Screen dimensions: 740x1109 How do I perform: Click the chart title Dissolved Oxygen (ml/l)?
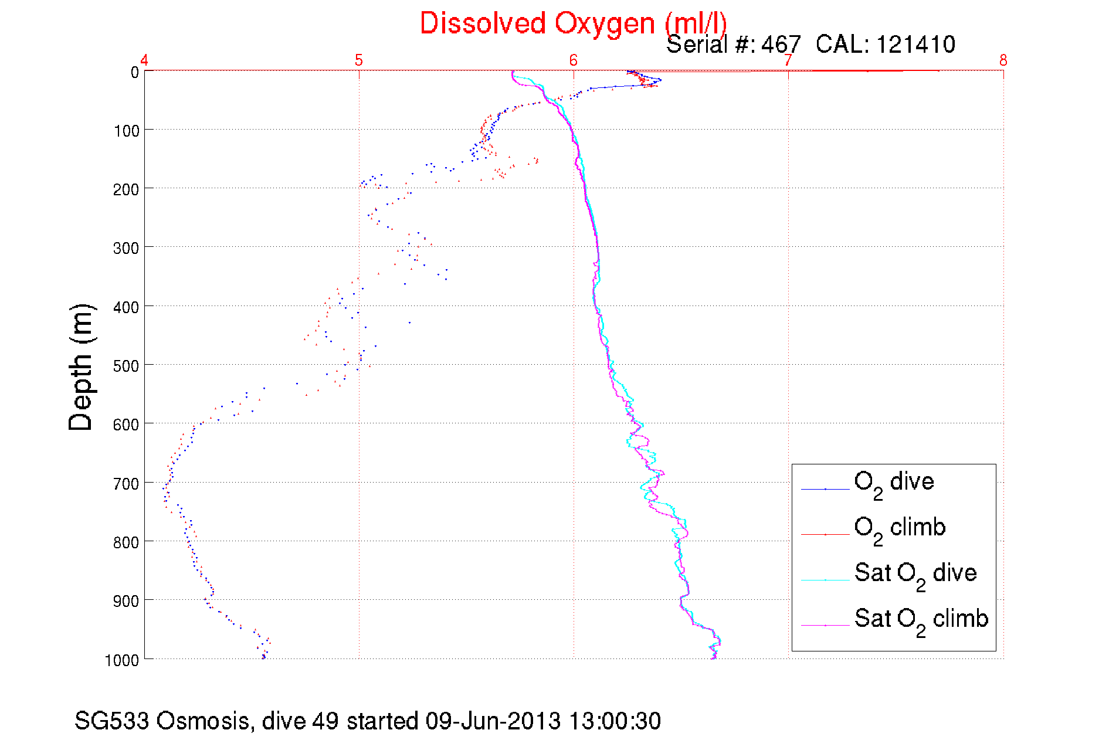pyautogui.click(x=573, y=24)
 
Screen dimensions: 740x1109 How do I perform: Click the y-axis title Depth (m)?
pyautogui.click(x=81, y=368)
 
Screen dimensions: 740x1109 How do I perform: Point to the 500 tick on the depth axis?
pyautogui.click(x=126, y=366)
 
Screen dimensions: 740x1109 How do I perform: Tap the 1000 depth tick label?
pyautogui.click(x=122, y=660)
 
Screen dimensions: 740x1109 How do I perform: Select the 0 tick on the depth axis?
pyautogui.click(x=135, y=72)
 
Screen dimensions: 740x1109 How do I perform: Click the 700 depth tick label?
pyautogui.click(x=126, y=484)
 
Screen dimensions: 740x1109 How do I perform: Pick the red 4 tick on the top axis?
pyautogui.click(x=144, y=60)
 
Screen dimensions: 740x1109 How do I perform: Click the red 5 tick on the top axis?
pyautogui.click(x=359, y=60)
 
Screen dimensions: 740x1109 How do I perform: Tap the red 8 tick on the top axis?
pyautogui.click(x=1003, y=60)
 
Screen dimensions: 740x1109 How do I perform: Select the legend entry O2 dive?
pyautogui.click(x=894, y=483)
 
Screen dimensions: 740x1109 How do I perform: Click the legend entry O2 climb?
pyautogui.click(x=900, y=528)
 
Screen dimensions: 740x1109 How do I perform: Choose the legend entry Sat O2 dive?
pyautogui.click(x=915, y=573)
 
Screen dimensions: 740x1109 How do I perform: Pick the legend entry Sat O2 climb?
pyautogui.click(x=921, y=619)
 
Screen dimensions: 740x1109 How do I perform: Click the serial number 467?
pyautogui.click(x=781, y=45)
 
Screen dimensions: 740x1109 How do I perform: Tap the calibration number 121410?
pyautogui.click(x=915, y=45)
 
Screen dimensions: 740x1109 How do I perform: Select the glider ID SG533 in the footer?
pyautogui.click(x=111, y=721)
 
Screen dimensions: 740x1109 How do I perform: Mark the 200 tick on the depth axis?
pyautogui.click(x=126, y=189)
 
